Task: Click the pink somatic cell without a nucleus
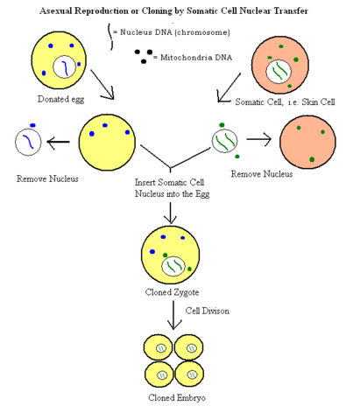click(307, 142)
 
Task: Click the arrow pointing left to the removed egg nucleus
click(60, 143)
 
